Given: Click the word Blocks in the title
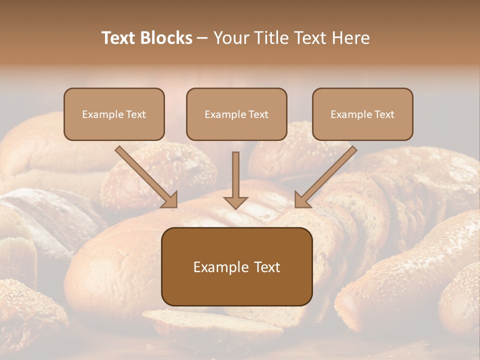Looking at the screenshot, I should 167,38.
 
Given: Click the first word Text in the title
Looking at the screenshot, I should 120,38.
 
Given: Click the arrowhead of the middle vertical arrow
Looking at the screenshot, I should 235,202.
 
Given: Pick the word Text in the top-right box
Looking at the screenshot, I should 384,114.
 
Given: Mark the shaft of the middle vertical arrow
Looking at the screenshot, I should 235,172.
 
